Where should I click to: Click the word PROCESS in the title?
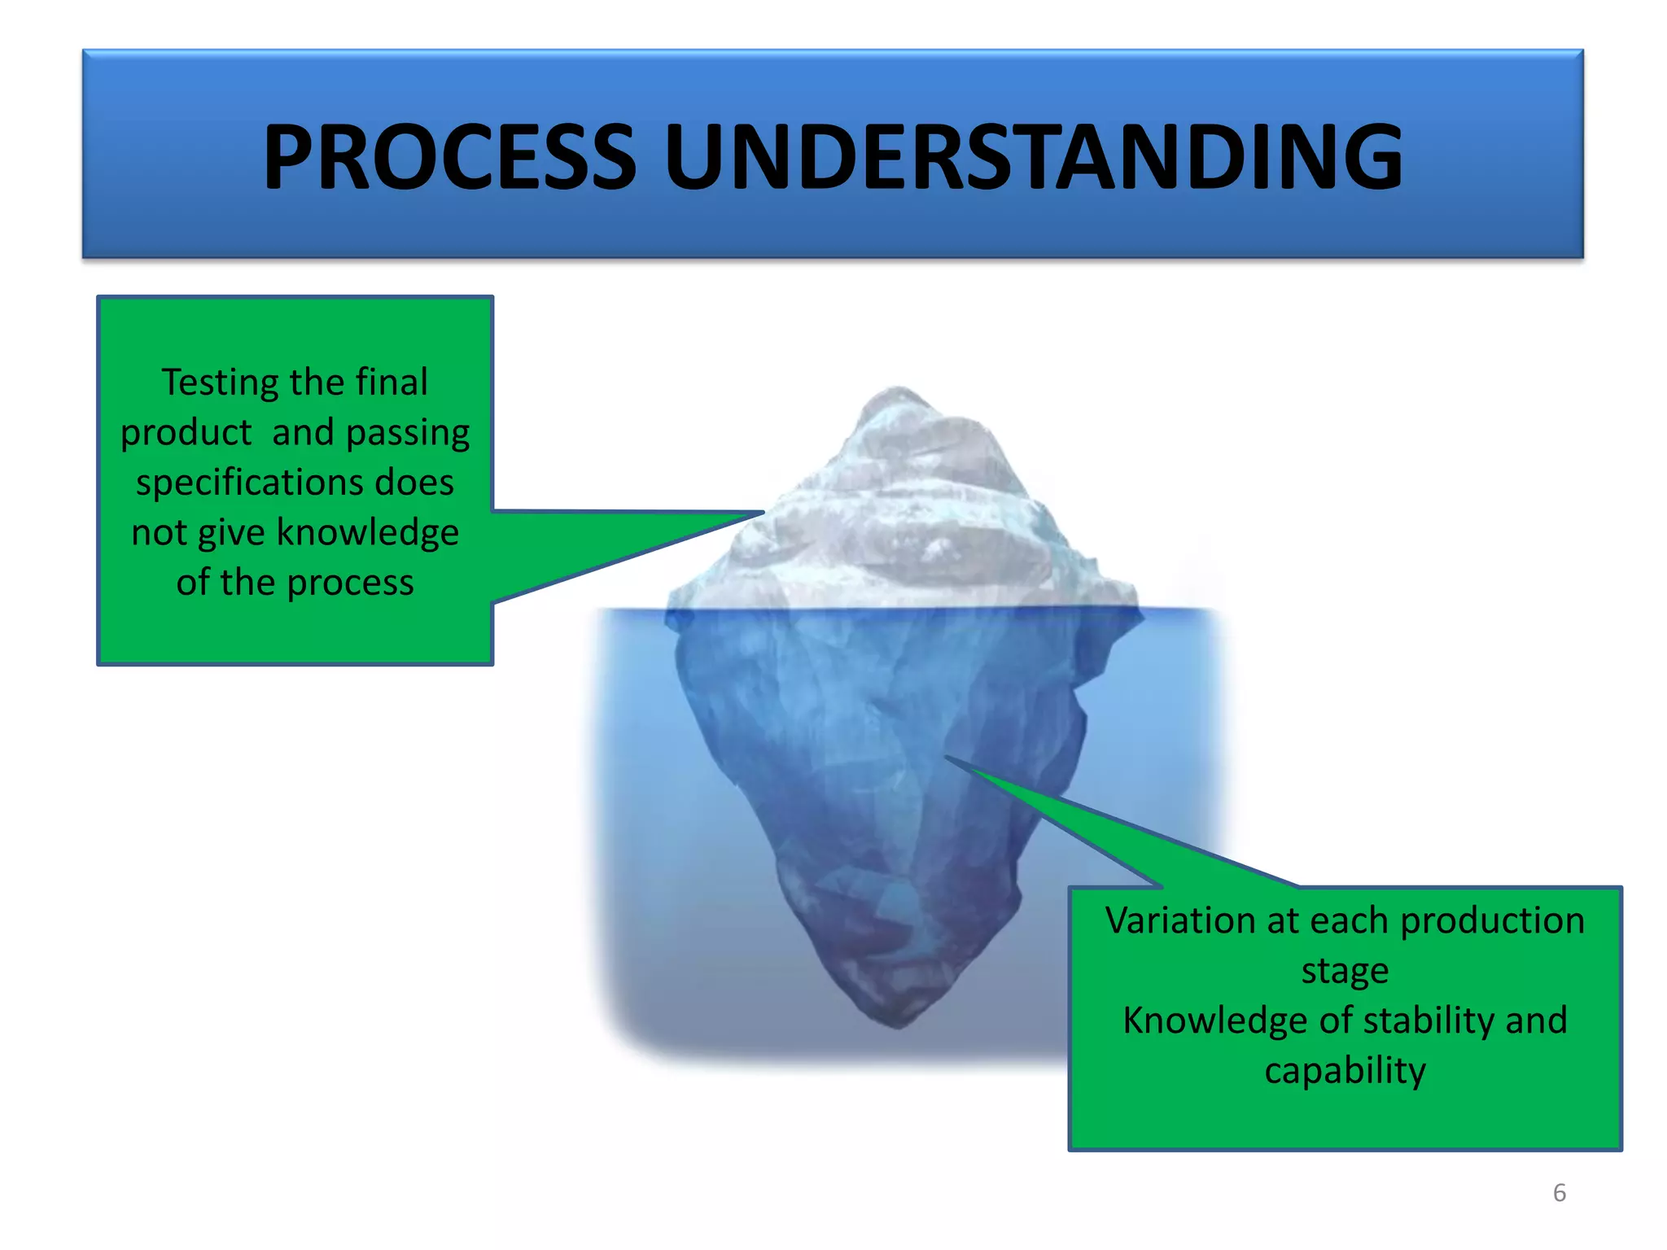(x=449, y=156)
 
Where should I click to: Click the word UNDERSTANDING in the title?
(x=1034, y=156)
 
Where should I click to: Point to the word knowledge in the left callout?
(x=367, y=532)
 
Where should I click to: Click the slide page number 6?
(x=1559, y=1193)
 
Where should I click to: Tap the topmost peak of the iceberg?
(x=898, y=388)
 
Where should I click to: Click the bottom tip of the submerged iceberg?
(x=898, y=1027)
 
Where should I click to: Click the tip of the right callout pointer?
(x=947, y=758)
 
